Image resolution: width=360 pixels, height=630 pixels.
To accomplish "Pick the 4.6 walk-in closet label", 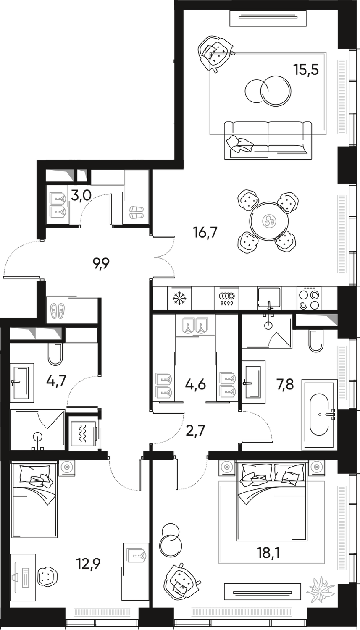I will [196, 385].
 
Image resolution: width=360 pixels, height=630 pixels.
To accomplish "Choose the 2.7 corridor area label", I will [196, 431].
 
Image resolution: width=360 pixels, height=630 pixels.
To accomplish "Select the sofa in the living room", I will [268, 139].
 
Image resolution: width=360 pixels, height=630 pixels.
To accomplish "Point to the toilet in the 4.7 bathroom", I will [55, 353].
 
